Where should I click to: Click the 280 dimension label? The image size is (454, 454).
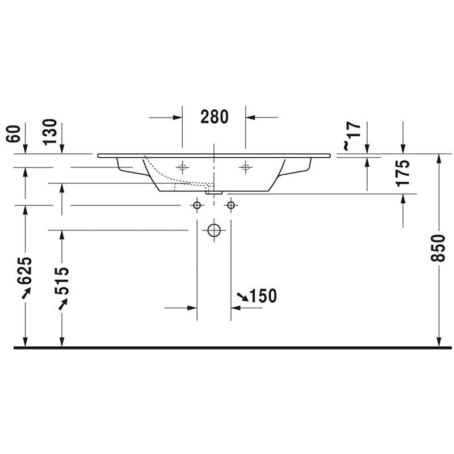(x=215, y=117)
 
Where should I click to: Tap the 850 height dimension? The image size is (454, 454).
(x=438, y=248)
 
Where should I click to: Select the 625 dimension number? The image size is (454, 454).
(x=24, y=271)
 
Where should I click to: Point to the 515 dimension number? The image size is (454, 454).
(x=62, y=281)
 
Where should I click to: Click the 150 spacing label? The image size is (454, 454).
(x=263, y=296)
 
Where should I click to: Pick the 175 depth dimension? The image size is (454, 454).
(x=403, y=173)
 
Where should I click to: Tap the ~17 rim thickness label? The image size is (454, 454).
(x=352, y=136)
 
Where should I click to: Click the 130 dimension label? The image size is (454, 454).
(x=50, y=132)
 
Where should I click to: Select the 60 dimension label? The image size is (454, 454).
(x=13, y=134)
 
